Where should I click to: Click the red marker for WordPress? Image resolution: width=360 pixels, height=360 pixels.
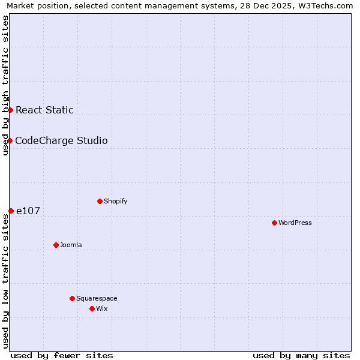[274, 223]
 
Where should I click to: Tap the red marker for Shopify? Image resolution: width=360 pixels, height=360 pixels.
[100, 201]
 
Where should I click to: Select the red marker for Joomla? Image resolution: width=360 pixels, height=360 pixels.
[56, 245]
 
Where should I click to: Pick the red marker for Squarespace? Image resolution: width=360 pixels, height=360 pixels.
[72, 298]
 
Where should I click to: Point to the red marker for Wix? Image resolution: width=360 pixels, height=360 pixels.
[92, 308]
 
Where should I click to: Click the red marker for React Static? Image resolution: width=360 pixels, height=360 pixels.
[10, 110]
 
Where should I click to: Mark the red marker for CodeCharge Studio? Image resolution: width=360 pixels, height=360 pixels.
[10, 140]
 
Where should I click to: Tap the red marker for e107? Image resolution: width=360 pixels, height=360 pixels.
[11, 211]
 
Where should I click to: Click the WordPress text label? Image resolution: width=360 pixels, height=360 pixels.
[295, 223]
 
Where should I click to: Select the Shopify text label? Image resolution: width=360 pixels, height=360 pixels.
[115, 201]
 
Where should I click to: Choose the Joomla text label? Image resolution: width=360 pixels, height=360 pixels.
[71, 245]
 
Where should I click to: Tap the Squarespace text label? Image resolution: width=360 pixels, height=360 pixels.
[97, 298]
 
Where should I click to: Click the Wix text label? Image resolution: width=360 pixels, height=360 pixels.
[102, 308]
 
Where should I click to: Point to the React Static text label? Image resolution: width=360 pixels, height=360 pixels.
[44, 110]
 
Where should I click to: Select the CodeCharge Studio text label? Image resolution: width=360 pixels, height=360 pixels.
[61, 140]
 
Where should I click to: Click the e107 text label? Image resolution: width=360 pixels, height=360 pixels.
[28, 211]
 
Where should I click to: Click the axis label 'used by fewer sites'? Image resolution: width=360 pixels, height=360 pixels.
[62, 355]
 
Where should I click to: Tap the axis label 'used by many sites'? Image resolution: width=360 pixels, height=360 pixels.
[301, 355]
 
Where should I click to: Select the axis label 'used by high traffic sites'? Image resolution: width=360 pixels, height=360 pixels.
[5, 85]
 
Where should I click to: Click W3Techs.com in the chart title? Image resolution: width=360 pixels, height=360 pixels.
[325, 6]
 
